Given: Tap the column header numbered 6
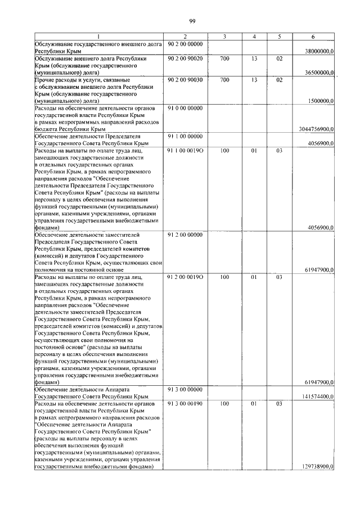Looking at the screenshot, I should (313, 37).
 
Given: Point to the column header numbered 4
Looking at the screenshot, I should (254, 37).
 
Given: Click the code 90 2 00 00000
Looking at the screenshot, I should (184, 44).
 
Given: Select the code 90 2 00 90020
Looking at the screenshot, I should (184, 58).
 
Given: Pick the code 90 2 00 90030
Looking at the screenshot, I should (184, 80).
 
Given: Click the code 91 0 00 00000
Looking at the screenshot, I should (184, 107).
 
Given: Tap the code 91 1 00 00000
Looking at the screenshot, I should (184, 136).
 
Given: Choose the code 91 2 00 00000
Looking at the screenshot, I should (184, 235).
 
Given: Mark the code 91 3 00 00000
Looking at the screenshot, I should (184, 389).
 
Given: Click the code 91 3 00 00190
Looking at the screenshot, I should (184, 404).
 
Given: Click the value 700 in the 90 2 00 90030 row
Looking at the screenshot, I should (224, 80).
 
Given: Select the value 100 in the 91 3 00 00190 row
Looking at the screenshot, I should (224, 404).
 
